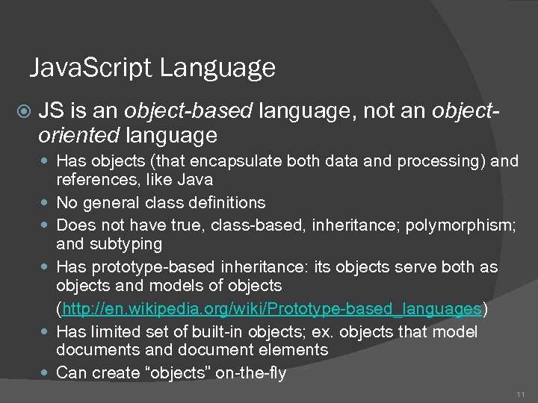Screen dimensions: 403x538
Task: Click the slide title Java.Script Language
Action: pyautogui.click(x=152, y=69)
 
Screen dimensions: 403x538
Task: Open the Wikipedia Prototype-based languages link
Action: pyautogui.click(x=271, y=309)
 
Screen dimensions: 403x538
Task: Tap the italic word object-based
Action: pyautogui.click(x=189, y=112)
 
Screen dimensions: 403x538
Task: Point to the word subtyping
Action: pyautogui.click(x=126, y=244)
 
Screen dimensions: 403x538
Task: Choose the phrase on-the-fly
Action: pyautogui.click(x=251, y=373)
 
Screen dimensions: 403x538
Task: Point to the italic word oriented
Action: pyautogui.click(x=79, y=136)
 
